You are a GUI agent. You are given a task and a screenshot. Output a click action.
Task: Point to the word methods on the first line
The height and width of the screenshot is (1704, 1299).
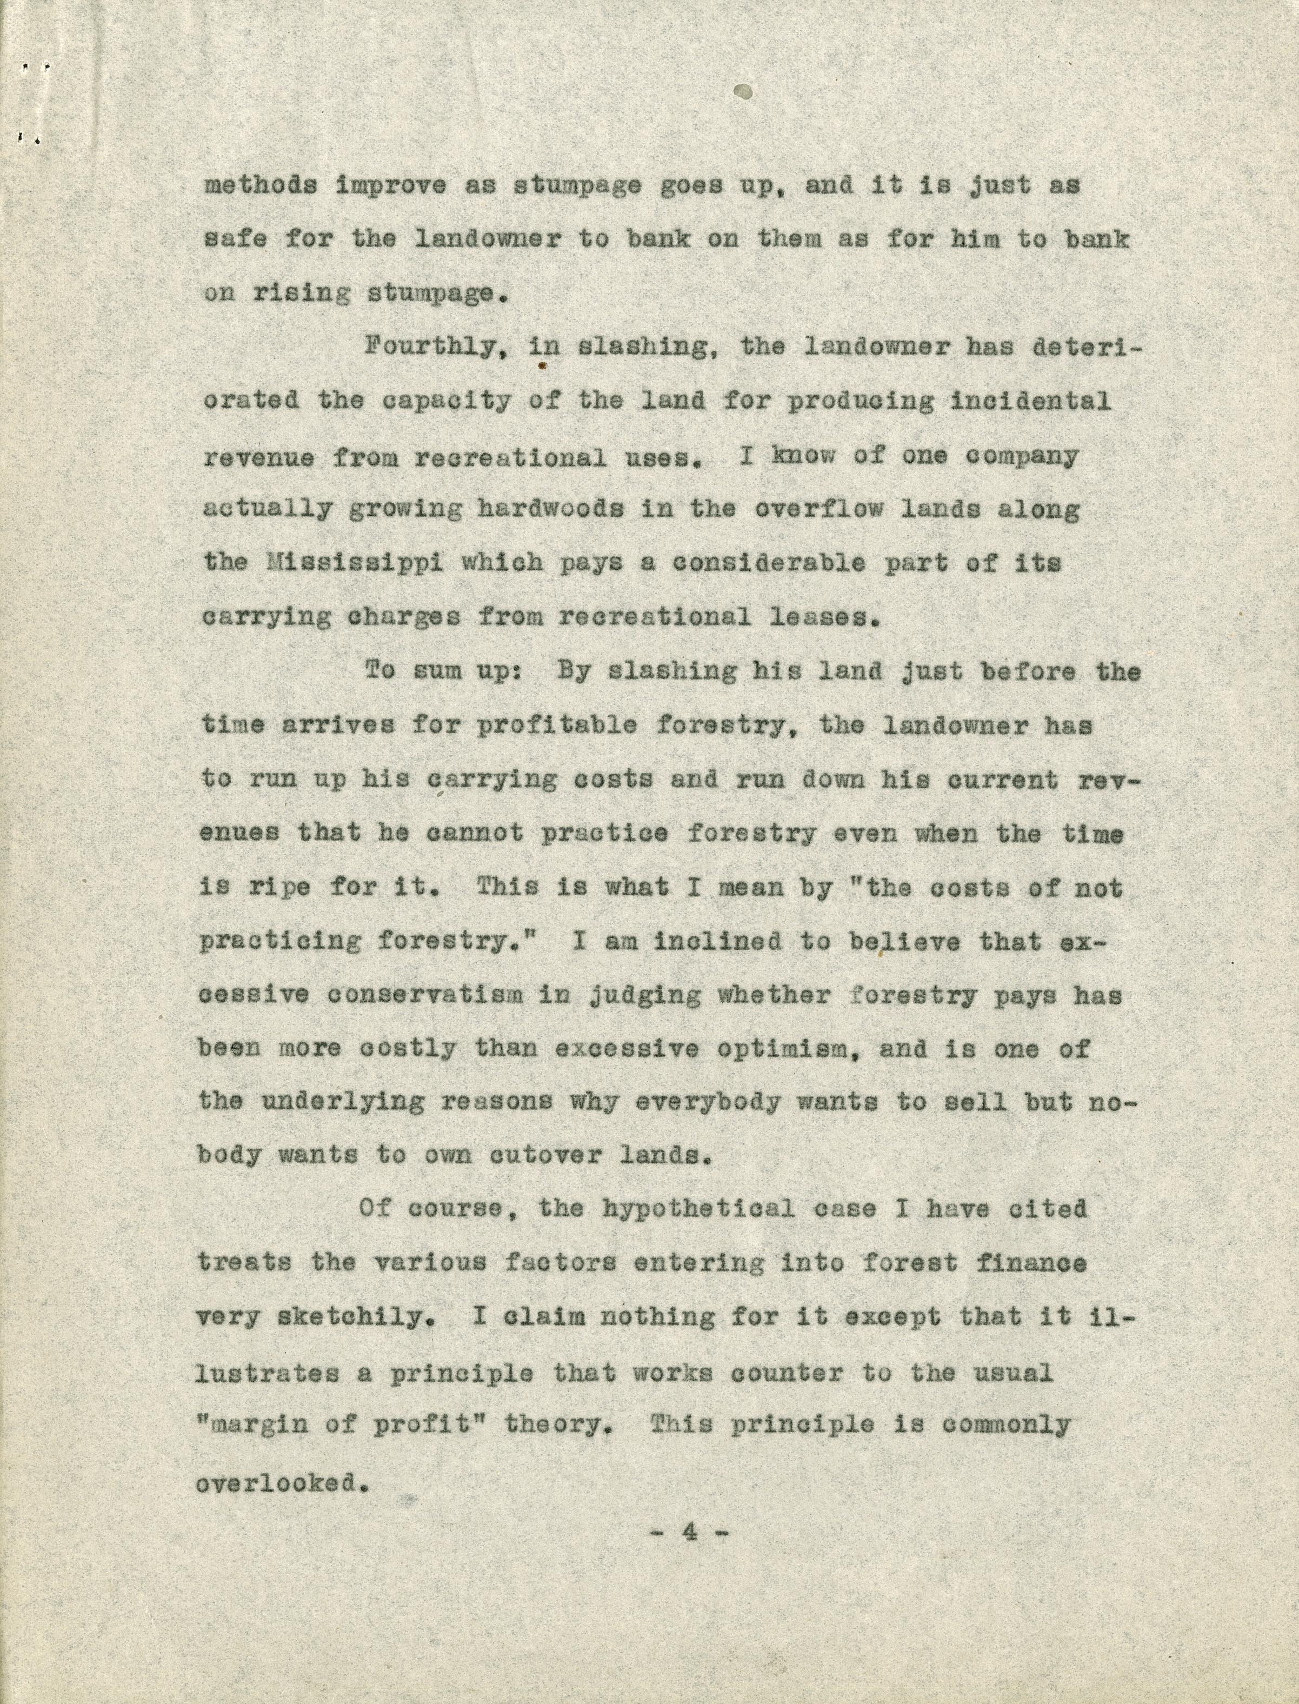260,187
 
